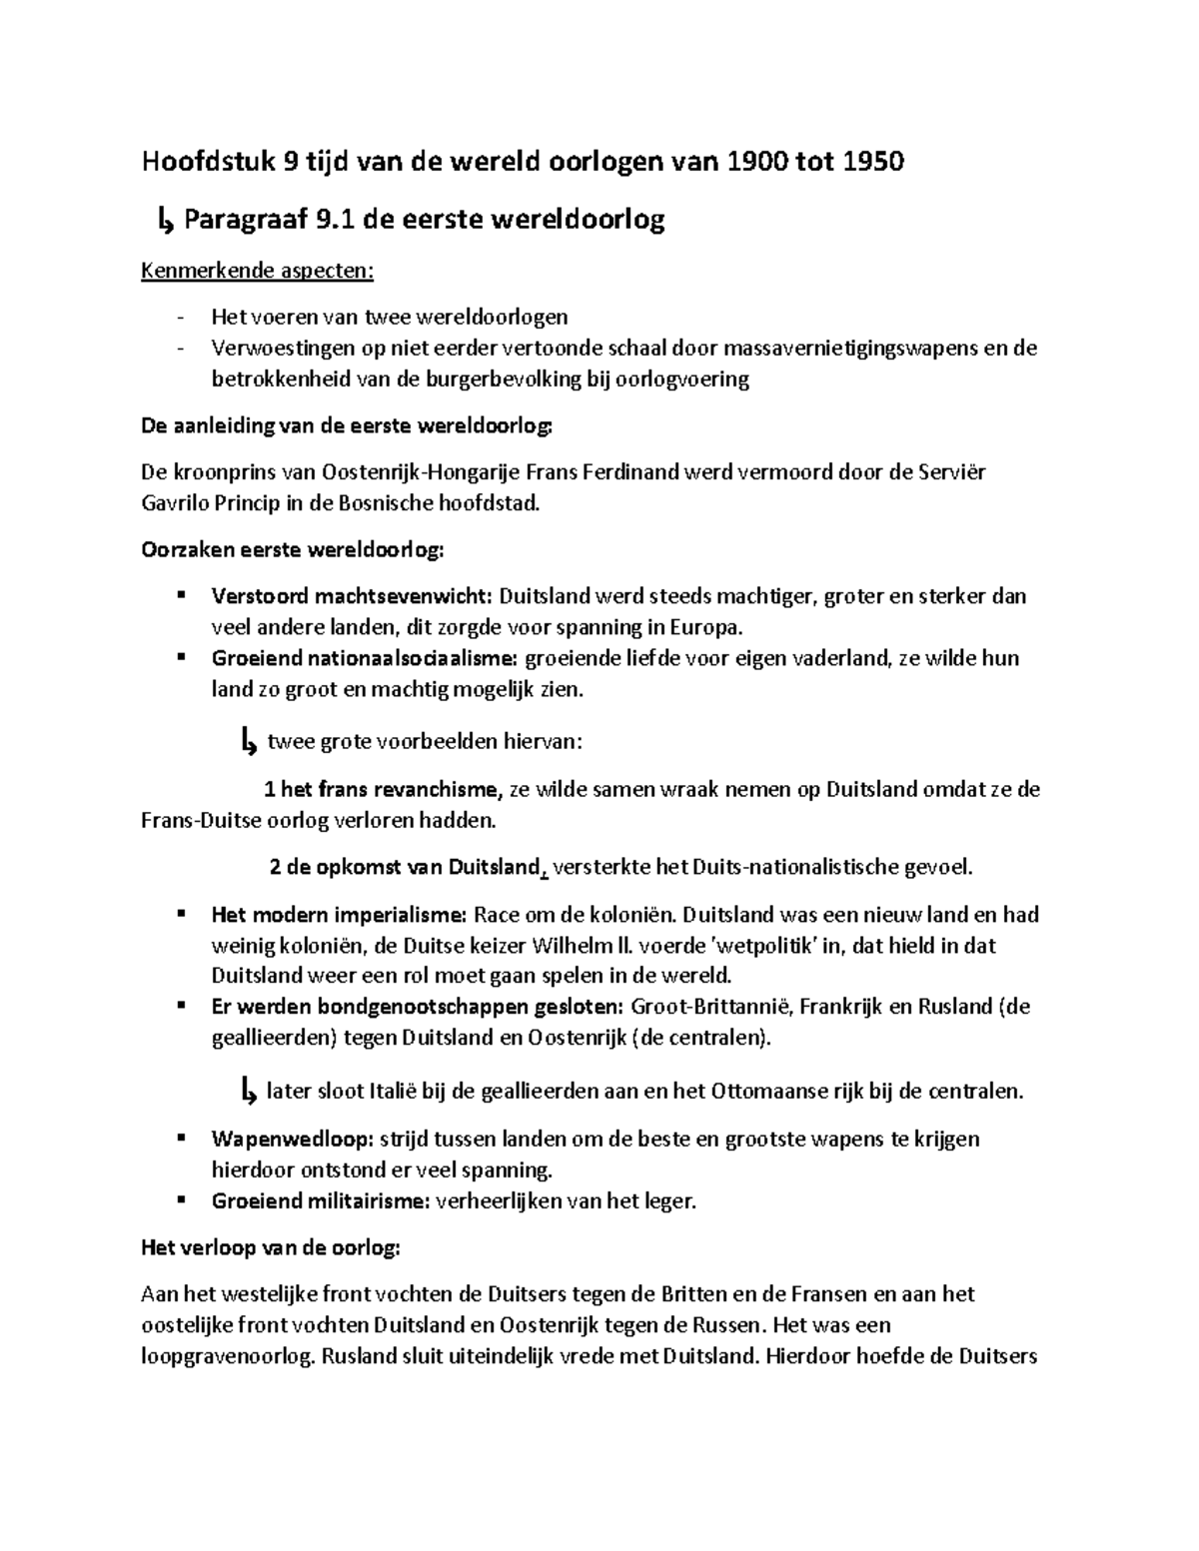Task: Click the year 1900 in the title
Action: (x=756, y=162)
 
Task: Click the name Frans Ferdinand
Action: (x=599, y=471)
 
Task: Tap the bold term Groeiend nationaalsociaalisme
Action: (x=365, y=658)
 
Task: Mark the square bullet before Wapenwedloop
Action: (x=181, y=1138)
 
